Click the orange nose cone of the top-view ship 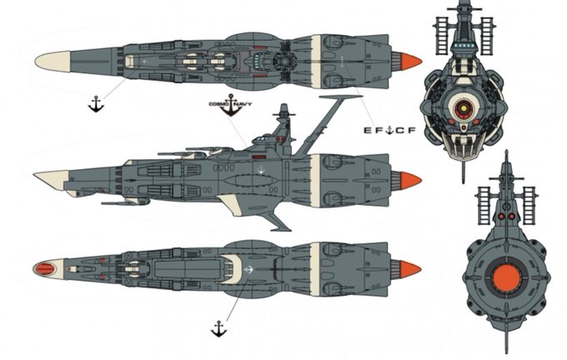click(x=409, y=61)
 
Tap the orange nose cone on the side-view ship click(x=409, y=180)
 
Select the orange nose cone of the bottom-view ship click(x=409, y=268)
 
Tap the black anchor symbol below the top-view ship click(x=96, y=103)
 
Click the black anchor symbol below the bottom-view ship click(x=218, y=328)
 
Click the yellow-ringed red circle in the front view click(x=464, y=106)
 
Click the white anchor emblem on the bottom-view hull click(x=250, y=269)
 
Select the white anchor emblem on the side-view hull click(x=261, y=172)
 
